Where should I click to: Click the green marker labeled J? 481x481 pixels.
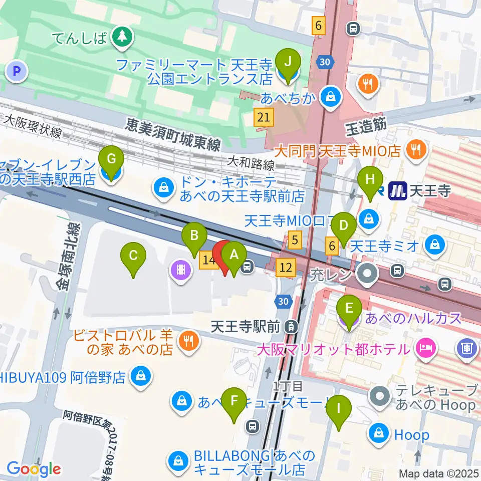click(x=288, y=64)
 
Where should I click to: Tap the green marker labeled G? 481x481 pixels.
click(x=111, y=161)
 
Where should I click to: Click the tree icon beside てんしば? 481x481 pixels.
click(x=121, y=36)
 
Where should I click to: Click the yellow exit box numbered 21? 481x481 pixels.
click(x=264, y=118)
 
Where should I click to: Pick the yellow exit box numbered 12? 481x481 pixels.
click(x=286, y=268)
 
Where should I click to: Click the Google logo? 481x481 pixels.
click(x=34, y=469)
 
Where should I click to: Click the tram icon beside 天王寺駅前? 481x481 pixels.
click(x=290, y=328)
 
